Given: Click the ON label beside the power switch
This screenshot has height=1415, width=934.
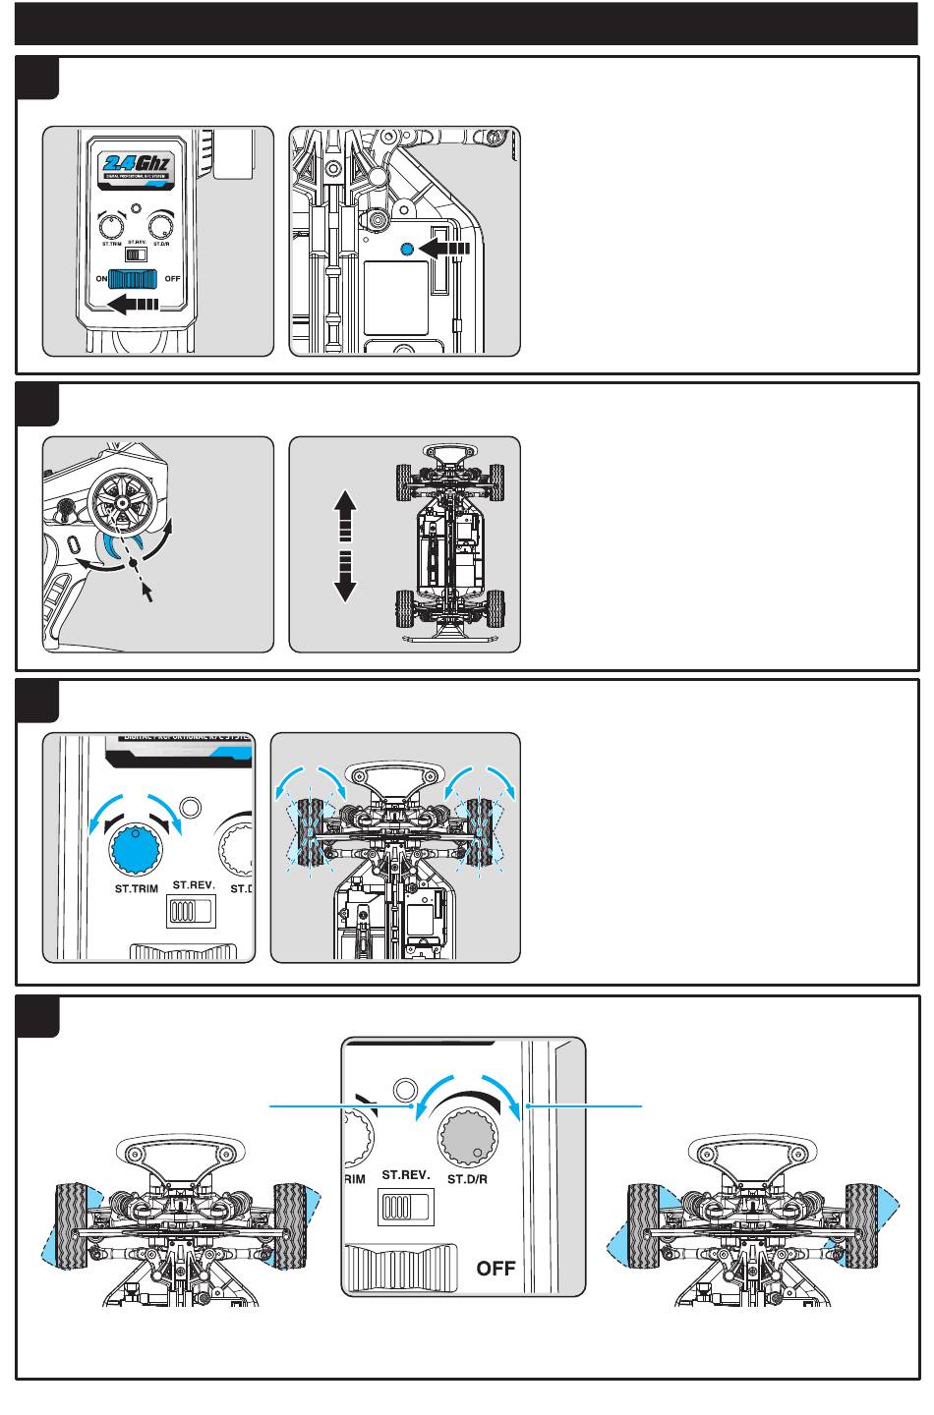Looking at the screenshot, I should tap(101, 279).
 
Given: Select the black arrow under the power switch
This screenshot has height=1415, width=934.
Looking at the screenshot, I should tap(133, 304).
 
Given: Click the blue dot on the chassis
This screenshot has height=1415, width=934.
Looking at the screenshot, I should tap(407, 250).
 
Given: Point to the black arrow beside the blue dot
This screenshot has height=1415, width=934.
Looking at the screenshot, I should tap(444, 250).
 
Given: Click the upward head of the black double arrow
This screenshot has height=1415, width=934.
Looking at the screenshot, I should tap(345, 505).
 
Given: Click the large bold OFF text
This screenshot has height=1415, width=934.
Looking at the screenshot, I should tap(496, 1268).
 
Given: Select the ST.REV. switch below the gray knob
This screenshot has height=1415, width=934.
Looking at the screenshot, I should tap(405, 1206).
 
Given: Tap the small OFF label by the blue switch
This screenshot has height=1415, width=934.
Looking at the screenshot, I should tap(173, 279).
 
